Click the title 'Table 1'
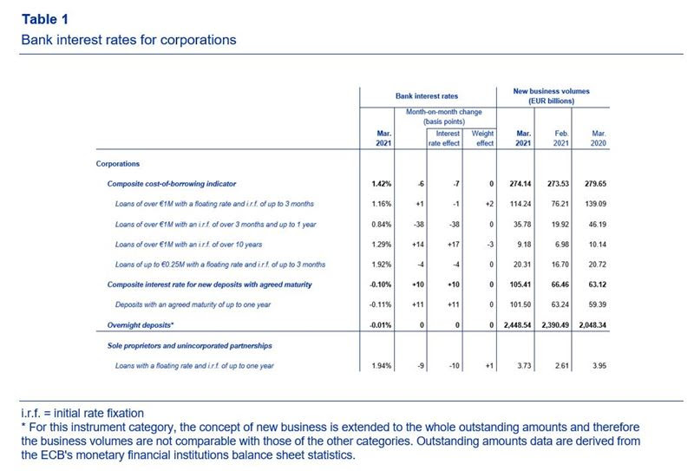click(45, 19)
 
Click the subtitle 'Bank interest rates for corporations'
click(128, 40)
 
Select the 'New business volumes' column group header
click(551, 95)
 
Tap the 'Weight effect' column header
click(482, 138)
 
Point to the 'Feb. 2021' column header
click(560, 138)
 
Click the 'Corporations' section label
click(118, 164)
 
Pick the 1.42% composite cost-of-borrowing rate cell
click(382, 184)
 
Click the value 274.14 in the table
click(520, 184)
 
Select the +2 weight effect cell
click(489, 204)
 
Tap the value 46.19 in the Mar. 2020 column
click(598, 225)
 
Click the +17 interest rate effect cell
click(453, 245)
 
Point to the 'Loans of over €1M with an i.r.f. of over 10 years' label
click(188, 245)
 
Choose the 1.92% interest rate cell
click(382, 265)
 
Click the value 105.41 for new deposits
click(520, 285)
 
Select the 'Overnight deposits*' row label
click(141, 325)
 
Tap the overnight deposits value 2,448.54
click(517, 325)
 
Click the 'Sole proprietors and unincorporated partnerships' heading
click(189, 346)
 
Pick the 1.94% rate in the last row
click(382, 366)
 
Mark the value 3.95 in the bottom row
click(599, 366)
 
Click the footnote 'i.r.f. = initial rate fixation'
click(82, 414)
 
